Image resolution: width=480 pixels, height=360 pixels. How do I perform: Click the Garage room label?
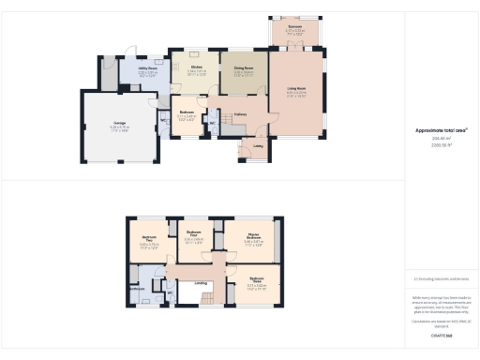(120, 124)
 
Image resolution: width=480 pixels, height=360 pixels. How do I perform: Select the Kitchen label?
(197, 67)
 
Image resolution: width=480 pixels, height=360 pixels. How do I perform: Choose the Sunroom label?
(294, 29)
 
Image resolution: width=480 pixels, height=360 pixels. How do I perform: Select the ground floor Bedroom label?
(186, 115)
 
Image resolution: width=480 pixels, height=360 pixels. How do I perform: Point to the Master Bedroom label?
(252, 237)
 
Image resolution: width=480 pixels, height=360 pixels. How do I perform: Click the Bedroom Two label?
(149, 239)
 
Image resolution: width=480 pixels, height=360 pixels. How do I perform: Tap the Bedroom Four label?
(194, 232)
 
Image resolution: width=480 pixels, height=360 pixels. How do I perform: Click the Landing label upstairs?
(200, 282)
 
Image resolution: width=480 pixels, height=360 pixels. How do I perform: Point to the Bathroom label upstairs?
(137, 289)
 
